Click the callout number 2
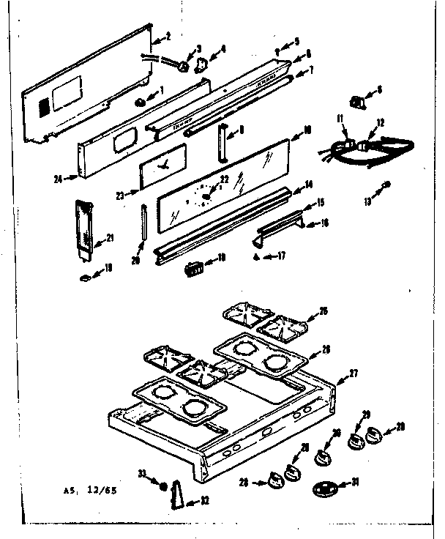168,36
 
